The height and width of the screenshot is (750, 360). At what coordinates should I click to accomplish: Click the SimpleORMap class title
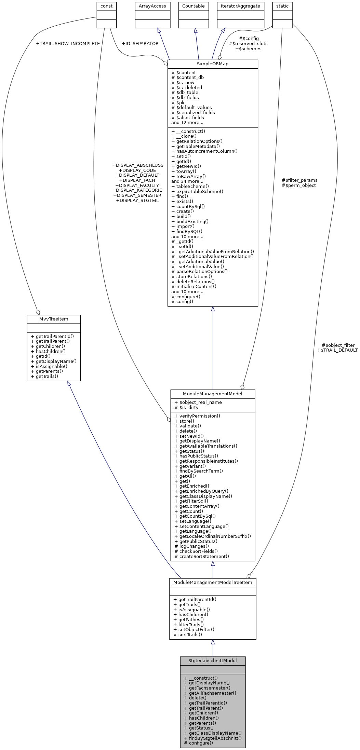coord(212,64)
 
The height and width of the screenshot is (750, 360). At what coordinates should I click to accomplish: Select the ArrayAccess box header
coord(152,6)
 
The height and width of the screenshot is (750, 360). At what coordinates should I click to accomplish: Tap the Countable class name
coord(193,6)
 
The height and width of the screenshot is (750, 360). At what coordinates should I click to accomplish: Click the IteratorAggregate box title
coord(240,6)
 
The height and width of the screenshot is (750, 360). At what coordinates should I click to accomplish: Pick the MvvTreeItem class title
coord(53,319)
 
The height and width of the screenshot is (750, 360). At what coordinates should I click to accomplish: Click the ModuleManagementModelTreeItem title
coord(212,583)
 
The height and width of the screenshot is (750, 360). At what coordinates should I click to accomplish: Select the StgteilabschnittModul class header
coord(212,660)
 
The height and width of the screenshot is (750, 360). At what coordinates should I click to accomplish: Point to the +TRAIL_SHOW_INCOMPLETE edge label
coord(68,44)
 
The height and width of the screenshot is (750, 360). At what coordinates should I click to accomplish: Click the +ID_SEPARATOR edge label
coord(140,44)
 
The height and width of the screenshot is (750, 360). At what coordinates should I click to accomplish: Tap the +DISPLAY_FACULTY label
coord(137,185)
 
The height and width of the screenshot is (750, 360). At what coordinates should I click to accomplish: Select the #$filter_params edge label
coord(299,180)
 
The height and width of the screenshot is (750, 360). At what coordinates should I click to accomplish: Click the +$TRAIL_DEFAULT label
coord(337,350)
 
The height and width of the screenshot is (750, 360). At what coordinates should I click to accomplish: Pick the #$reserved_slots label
coord(248,44)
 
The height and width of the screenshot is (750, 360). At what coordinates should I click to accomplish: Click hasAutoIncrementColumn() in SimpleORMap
coord(204,151)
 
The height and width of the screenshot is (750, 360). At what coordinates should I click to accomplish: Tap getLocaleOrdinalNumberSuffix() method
coord(213,536)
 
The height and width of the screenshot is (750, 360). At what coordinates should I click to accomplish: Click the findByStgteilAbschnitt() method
coord(213,738)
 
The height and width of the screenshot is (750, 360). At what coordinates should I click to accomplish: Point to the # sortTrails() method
coord(188,635)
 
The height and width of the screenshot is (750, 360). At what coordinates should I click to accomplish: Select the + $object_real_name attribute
coord(198,403)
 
